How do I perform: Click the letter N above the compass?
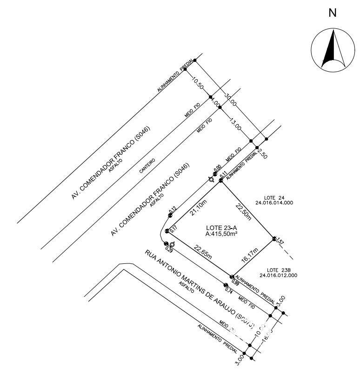(333, 13)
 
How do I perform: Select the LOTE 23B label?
(279, 270)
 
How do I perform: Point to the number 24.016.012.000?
(279, 275)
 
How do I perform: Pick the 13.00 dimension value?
(235, 124)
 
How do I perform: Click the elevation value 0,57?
(280, 242)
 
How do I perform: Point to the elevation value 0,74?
(229, 290)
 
